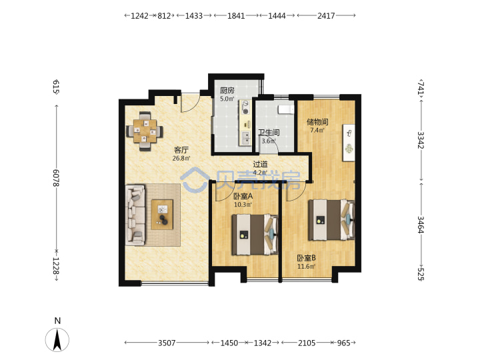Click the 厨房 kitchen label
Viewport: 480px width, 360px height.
[227, 91]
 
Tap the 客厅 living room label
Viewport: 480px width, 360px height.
[181, 150]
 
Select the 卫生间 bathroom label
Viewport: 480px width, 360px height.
[269, 133]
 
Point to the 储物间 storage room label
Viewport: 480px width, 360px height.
[317, 122]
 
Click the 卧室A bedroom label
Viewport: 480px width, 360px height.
[243, 196]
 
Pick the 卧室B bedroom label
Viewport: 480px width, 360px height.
[307, 258]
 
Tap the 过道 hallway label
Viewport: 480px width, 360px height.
[261, 165]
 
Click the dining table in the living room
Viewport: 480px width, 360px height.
[145, 131]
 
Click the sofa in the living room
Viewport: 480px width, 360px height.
[135, 215]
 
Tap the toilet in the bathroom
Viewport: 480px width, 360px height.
[286, 109]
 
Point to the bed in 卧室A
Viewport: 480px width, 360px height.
[255, 235]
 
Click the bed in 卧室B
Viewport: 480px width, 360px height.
[331, 220]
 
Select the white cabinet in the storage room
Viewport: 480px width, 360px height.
[349, 143]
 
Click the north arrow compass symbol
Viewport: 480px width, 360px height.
[57, 339]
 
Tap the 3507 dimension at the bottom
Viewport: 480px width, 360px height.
[167, 343]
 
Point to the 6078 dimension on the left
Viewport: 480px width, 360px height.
[56, 178]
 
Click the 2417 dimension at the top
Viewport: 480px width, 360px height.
[326, 15]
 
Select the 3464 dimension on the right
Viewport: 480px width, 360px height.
[421, 225]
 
